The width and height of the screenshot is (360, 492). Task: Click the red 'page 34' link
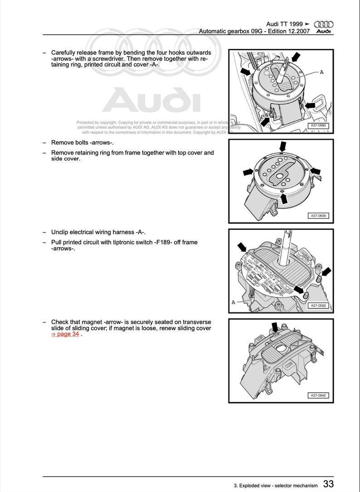tap(65, 334)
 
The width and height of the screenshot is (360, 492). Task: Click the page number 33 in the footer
tap(329, 484)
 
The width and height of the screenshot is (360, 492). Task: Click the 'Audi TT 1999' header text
tap(285, 24)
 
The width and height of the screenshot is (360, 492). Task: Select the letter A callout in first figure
tap(321, 72)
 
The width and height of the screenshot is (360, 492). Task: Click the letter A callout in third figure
tap(233, 302)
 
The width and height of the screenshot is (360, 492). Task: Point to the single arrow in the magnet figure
tap(274, 327)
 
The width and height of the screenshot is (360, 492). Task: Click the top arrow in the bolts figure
tap(282, 146)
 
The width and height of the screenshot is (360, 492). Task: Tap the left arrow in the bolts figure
tap(248, 172)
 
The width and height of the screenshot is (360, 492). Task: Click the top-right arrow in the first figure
tap(296, 57)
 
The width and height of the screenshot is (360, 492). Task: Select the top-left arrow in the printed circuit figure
tap(242, 246)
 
